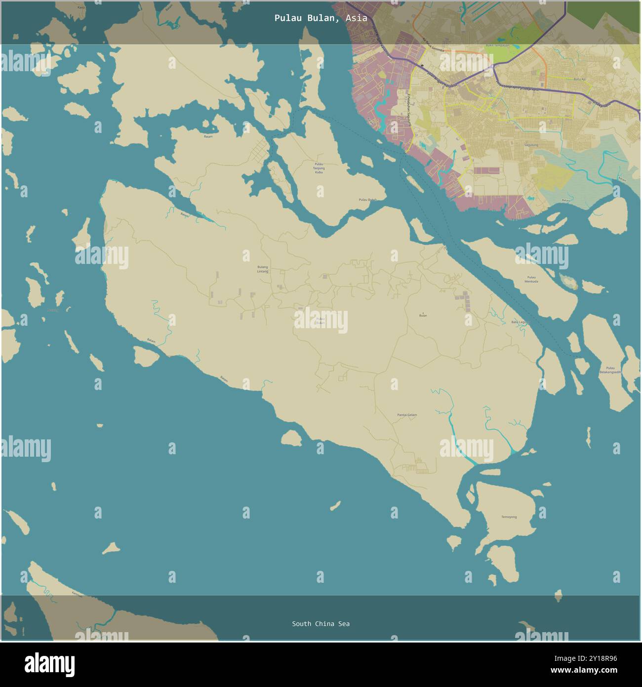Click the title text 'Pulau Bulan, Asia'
tap(321, 18)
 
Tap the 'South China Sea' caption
tap(321, 624)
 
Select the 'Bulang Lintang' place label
tap(263, 269)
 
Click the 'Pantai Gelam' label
tap(407, 415)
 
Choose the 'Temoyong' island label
tap(509, 517)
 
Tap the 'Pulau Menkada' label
tap(532, 279)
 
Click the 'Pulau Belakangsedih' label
tap(610, 370)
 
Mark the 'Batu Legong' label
tap(520, 322)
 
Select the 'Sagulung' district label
tap(531, 145)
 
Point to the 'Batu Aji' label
tap(579, 79)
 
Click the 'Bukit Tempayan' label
tap(497, 45)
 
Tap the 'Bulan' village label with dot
tap(423, 315)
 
